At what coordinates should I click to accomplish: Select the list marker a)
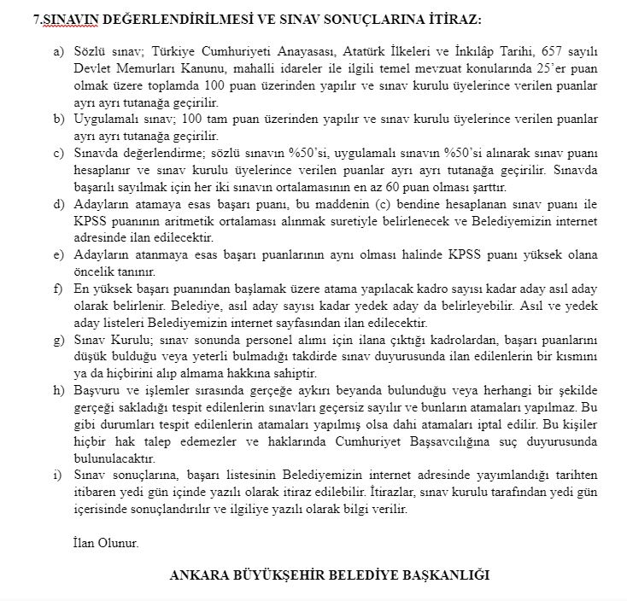58,52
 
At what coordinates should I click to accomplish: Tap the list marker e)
58,255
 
